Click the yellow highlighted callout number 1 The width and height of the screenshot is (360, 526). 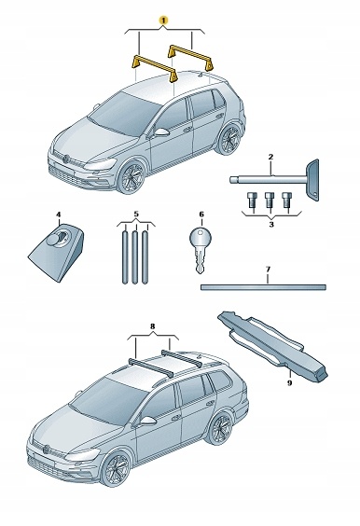[x=163, y=21]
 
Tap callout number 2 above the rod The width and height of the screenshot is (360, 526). [x=270, y=157]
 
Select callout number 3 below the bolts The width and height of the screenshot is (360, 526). [x=271, y=224]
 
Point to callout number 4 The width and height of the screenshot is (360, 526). [x=59, y=214]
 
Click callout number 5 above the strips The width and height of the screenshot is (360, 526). [x=136, y=214]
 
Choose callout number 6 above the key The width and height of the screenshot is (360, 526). [x=201, y=214]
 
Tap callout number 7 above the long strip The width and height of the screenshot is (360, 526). [x=268, y=269]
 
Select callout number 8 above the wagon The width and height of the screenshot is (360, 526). [x=153, y=325]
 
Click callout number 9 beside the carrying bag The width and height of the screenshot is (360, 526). [x=289, y=382]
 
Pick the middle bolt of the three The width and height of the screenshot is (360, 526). [x=270, y=200]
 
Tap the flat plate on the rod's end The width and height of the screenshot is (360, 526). [x=312, y=180]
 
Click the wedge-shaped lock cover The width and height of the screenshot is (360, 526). [x=57, y=252]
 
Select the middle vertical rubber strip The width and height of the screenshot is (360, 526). [x=135, y=257]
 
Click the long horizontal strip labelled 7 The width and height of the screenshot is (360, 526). [x=263, y=287]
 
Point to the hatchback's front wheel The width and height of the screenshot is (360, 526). [x=132, y=178]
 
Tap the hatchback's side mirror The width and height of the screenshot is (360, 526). [x=161, y=132]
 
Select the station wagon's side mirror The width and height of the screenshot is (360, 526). [x=147, y=422]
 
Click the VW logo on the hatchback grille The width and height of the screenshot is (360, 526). [x=66, y=159]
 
